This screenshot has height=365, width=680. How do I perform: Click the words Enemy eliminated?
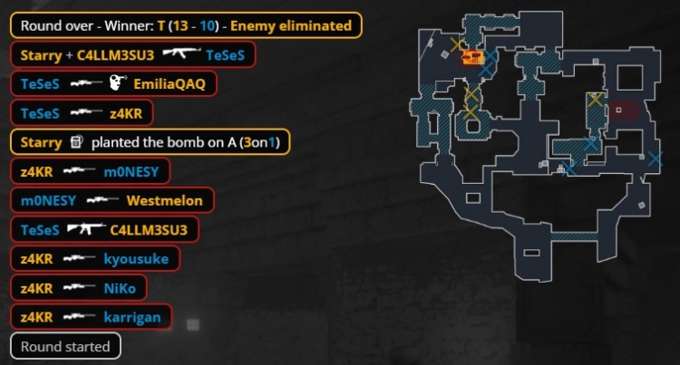point(290,26)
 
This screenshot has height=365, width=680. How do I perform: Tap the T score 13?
point(180,26)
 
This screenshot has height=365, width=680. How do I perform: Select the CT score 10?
point(208,26)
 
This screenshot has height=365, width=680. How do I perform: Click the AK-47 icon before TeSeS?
point(181,53)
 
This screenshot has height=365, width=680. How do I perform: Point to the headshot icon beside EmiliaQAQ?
point(117,82)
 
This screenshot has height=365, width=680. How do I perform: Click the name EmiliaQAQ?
point(170,84)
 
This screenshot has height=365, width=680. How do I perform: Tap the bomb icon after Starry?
point(76,141)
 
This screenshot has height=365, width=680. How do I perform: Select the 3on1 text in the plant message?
point(259,142)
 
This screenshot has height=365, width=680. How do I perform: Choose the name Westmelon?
point(164,200)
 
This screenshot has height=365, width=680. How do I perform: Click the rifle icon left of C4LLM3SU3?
point(86,228)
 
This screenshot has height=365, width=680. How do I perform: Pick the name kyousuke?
point(136,259)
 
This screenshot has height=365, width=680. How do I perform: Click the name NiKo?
point(120,288)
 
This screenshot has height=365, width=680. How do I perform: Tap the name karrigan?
point(132,317)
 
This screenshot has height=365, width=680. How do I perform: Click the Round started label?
point(65,346)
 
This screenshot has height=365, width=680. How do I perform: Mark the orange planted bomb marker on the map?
point(472,57)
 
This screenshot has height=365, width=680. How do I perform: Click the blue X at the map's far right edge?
point(655,158)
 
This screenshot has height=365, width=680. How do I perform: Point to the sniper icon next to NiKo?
point(80,287)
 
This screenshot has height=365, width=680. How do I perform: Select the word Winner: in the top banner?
point(129,26)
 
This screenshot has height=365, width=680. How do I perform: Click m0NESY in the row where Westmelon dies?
point(48,200)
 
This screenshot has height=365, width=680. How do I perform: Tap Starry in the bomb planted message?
point(41,143)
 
